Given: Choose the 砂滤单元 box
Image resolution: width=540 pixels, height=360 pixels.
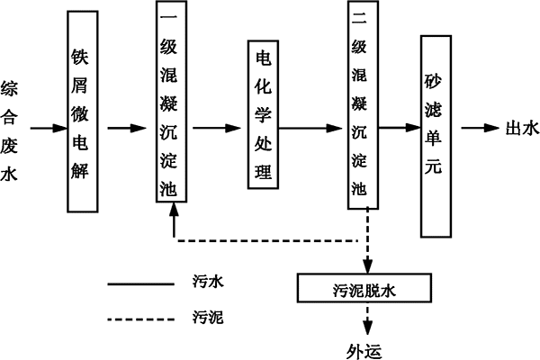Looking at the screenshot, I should [436, 136].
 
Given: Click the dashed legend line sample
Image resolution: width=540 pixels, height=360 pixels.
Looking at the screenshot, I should [140, 318].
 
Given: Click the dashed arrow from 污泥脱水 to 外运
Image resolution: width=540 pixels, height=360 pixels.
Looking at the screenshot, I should [366, 319].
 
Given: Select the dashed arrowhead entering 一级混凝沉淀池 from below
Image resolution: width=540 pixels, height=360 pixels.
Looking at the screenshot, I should [174, 212].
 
